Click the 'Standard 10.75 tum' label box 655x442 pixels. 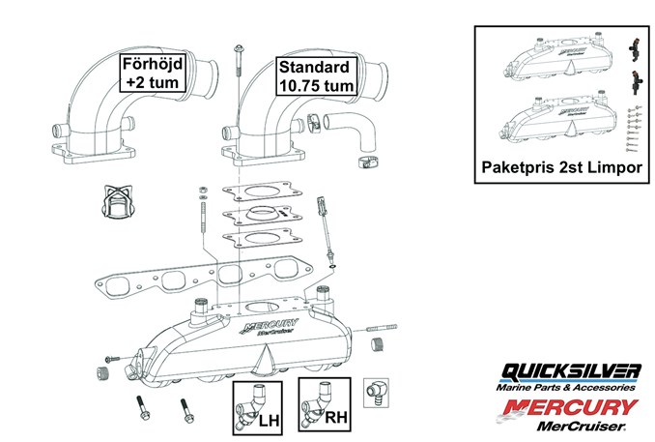click(316, 74)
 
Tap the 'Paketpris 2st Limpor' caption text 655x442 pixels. click(560, 167)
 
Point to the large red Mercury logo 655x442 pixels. click(570, 406)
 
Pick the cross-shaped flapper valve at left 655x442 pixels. click(116, 202)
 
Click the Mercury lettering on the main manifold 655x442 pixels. click(279, 326)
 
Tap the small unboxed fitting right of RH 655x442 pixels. click(374, 392)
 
